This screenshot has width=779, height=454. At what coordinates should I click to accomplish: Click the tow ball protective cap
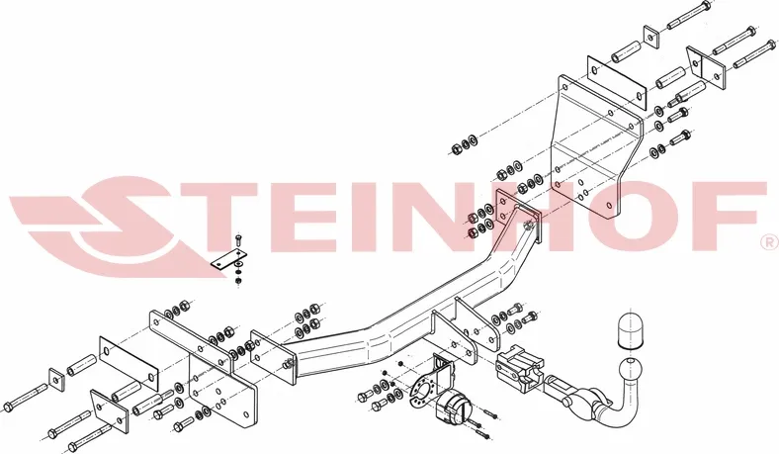629,330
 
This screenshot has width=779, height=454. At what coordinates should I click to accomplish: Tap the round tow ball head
630,370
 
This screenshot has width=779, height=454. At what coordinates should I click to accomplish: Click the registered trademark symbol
769,242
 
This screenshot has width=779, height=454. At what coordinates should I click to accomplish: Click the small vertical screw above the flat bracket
238,242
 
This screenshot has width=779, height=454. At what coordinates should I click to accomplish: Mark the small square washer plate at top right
651,36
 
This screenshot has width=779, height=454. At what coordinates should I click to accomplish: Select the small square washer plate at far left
57,381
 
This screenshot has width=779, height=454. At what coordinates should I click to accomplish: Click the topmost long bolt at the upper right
688,16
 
